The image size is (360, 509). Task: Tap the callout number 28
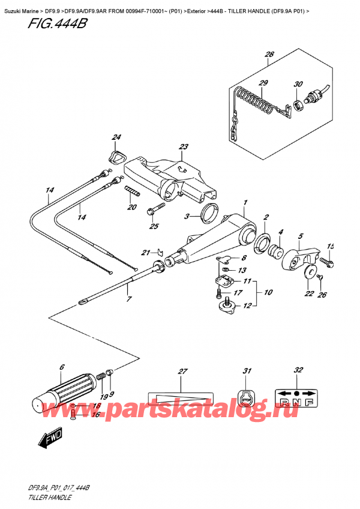(x=269, y=55)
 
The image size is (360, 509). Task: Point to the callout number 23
(x=183, y=147)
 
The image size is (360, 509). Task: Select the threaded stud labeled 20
(x=131, y=193)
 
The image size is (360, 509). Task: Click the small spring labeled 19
(x=101, y=376)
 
